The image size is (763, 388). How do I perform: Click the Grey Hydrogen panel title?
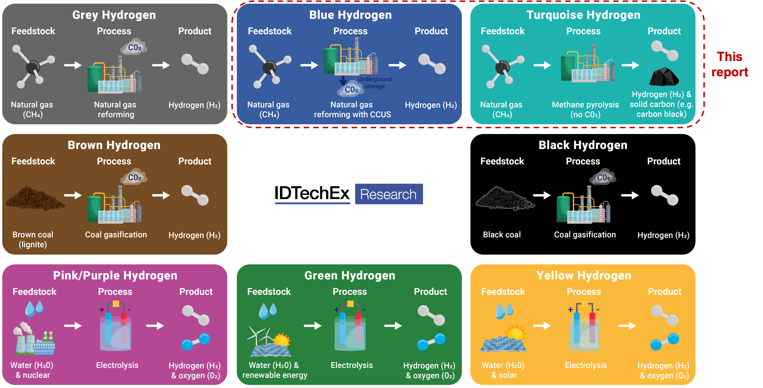[x=114, y=15]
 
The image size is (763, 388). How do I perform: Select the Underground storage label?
[x=375, y=83]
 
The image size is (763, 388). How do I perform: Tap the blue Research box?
[x=389, y=194]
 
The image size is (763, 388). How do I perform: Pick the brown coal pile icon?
[x=35, y=198]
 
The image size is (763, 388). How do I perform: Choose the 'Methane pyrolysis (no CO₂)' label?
[x=585, y=109]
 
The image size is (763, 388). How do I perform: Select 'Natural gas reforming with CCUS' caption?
[x=352, y=109]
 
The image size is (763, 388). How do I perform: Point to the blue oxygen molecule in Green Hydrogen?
[x=431, y=341]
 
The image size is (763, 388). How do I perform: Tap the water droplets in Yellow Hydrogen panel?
[x=504, y=310]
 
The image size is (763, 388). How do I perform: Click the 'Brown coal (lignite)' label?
[x=33, y=240]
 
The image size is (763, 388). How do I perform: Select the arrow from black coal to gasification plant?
[x=542, y=195]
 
